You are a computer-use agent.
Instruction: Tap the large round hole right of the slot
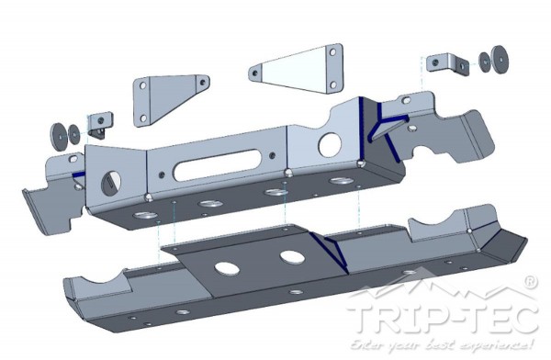(330, 144)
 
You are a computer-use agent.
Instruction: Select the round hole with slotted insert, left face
(111, 183)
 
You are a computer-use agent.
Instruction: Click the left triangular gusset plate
(169, 99)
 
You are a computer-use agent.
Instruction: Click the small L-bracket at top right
(448, 64)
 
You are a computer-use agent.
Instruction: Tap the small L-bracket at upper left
(100, 125)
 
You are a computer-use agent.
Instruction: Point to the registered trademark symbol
(530, 282)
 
